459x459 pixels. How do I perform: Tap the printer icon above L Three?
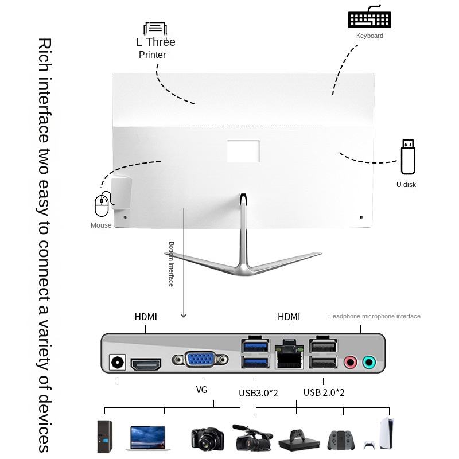155,29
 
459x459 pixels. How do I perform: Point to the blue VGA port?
200,361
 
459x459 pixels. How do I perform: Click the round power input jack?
118,363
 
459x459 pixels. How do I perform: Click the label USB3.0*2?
258,393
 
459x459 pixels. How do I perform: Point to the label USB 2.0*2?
324,392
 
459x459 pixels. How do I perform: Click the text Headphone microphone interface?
374,316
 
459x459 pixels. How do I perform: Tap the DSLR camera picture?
207,438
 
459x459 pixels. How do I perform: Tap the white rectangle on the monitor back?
243,150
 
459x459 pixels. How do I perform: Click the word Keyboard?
369,36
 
